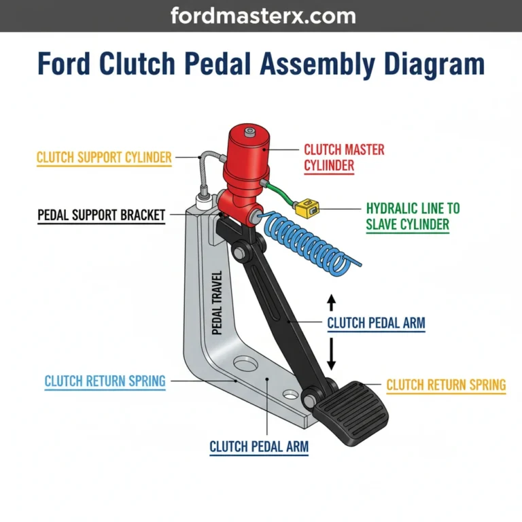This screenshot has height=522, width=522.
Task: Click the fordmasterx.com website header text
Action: click(260, 15)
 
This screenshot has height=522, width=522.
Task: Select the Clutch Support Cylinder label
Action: click(104, 158)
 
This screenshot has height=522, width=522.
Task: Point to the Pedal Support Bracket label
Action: click(101, 215)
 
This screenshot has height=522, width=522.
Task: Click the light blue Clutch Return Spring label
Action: click(105, 381)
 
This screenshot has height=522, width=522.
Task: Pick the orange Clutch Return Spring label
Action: click(446, 385)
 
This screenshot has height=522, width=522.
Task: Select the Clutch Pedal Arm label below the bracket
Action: click(259, 447)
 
